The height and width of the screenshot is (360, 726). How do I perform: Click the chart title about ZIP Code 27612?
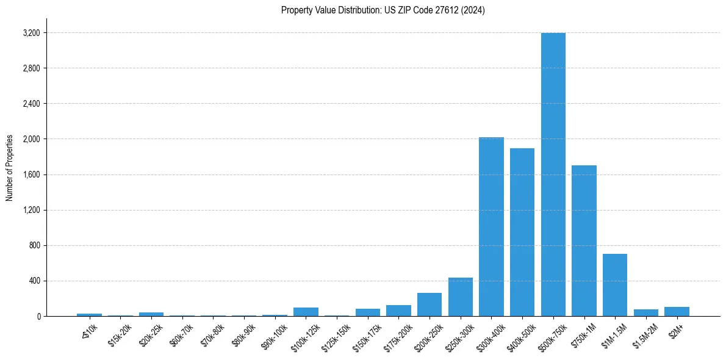383,10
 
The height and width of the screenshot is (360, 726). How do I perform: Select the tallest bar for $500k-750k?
553,175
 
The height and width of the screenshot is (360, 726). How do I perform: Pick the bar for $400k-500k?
522,232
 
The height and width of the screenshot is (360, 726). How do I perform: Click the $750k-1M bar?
584,241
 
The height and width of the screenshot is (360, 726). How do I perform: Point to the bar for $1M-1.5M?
615,285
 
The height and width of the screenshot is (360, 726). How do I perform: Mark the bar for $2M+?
677,312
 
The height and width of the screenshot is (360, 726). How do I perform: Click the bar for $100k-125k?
306,312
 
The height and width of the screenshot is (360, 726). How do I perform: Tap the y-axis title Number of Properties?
10,168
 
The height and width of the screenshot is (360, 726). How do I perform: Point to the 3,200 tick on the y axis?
31,33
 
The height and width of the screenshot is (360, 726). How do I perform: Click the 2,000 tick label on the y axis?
31,139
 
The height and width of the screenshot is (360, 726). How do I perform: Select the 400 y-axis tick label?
34,281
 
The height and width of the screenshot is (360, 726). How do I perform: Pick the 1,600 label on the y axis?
31,175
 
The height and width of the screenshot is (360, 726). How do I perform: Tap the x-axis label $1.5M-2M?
644,334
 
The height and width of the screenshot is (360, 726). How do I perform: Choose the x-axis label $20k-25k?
150,334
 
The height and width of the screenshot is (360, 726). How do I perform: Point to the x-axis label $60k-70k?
181,334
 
